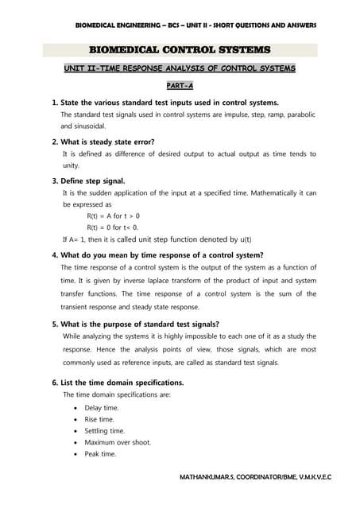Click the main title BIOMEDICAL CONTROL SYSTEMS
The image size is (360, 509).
(179, 50)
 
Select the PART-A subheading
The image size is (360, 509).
(180, 85)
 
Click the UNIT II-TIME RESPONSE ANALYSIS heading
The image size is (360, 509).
(180, 68)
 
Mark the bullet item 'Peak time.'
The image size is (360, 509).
(100, 454)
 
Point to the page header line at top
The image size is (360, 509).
(195, 25)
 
